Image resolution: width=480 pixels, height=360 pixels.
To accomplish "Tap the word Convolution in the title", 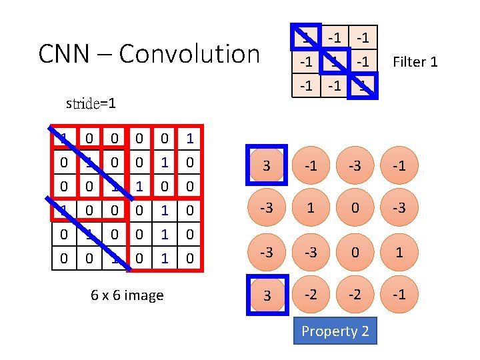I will [189, 54].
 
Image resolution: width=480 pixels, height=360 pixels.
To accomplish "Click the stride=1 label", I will [91, 103].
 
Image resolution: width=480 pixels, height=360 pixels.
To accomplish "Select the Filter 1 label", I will [415, 62].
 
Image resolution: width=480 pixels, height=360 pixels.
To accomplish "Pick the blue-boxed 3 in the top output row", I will [266, 165].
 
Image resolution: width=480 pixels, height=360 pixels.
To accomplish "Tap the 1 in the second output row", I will [311, 209].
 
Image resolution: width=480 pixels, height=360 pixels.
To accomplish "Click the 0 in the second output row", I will [355, 209].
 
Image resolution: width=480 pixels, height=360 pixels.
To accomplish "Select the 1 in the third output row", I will [399, 252].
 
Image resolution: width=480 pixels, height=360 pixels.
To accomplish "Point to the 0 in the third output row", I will [355, 252].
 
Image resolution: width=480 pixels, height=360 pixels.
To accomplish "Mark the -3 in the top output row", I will [355, 165].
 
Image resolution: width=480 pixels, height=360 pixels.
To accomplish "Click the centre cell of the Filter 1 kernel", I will [333, 62].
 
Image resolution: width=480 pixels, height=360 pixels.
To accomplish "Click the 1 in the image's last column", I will [191, 139].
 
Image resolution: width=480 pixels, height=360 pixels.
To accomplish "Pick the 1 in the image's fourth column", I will [139, 183].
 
